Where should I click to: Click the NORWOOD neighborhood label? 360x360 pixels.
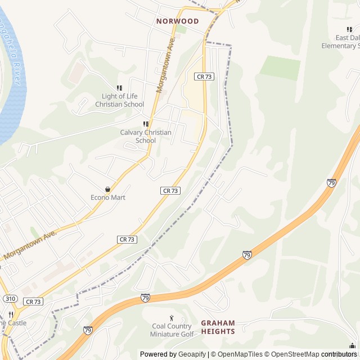tap(178, 21)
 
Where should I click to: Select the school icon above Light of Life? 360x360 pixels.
tap(119, 88)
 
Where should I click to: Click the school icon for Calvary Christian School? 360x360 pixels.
tap(146, 124)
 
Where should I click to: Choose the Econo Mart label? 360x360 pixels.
tap(108, 197)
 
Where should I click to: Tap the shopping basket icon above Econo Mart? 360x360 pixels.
tap(108, 189)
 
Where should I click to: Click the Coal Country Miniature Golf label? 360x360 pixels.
tap(172, 330)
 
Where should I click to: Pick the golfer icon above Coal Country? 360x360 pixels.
tap(172, 318)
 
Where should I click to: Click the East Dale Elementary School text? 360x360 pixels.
tap(341, 42)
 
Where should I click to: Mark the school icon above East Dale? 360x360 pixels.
tap(349, 29)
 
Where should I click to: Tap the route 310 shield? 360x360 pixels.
tap(9, 298)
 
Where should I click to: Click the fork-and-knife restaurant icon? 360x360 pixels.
tap(10, 314)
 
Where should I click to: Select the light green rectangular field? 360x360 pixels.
tap(280, 67)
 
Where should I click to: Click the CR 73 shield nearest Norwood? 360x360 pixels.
tap(204, 76)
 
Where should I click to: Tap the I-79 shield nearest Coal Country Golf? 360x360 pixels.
tap(145, 298)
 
